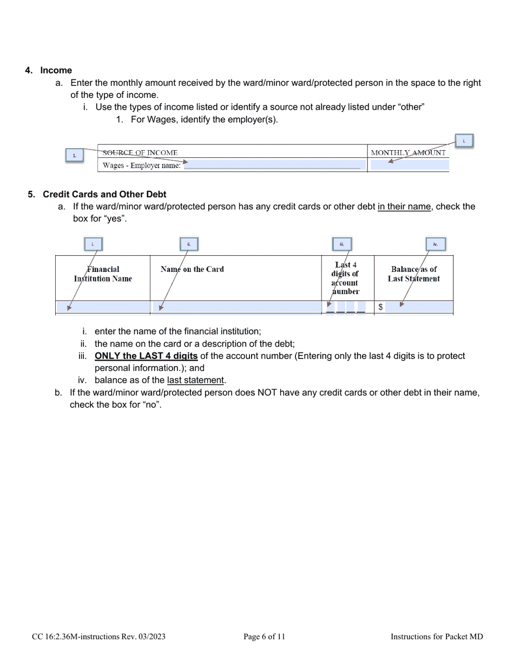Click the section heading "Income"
pyautogui.click(x=56, y=70)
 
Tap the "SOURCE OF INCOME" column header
pyautogui.click(x=140, y=152)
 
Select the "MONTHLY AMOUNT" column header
pyautogui.click(x=408, y=152)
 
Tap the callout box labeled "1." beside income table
pyautogui.click(x=75, y=156)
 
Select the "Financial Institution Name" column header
pyautogui.click(x=103, y=274)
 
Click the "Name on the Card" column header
pyautogui.click(x=192, y=269)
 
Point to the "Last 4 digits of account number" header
pyautogui.click(x=345, y=278)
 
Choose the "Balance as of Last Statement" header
pyautogui.click(x=414, y=274)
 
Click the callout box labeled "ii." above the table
pyautogui.click(x=189, y=244)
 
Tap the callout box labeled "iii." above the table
pyautogui.click(x=342, y=244)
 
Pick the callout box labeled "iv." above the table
pyautogui.click(x=435, y=244)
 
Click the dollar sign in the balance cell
pyautogui.click(x=381, y=307)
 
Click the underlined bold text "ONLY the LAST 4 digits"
pyautogui.click(x=146, y=356)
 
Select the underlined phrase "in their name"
pyautogui.click(x=404, y=207)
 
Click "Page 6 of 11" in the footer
pyautogui.click(x=264, y=637)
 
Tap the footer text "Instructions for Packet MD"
pyautogui.click(x=437, y=637)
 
